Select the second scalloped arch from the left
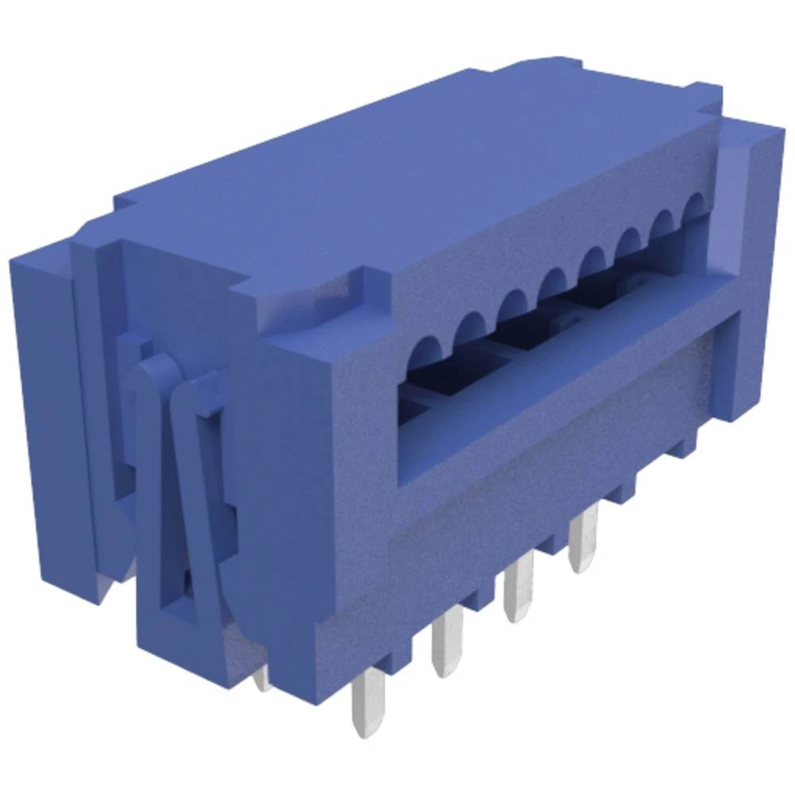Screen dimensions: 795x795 [471, 327]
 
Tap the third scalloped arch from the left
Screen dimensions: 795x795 [513, 304]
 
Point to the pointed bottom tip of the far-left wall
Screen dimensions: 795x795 [103, 592]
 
